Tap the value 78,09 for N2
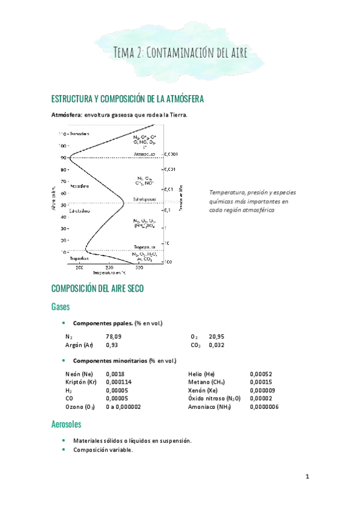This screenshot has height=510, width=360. (114, 337)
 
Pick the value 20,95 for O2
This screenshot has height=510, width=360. (216, 337)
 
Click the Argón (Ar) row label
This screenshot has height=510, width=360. (79, 345)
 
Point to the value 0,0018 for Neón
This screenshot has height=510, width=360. (114, 373)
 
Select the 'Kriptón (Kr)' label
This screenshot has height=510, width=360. (81, 382)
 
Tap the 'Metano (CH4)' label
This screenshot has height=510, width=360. (206, 382)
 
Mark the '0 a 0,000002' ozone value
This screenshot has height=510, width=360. (123, 407)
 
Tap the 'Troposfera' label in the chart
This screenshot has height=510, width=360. (81, 258)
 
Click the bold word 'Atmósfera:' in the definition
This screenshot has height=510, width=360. (67, 115)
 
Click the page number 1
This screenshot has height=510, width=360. (307, 477)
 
